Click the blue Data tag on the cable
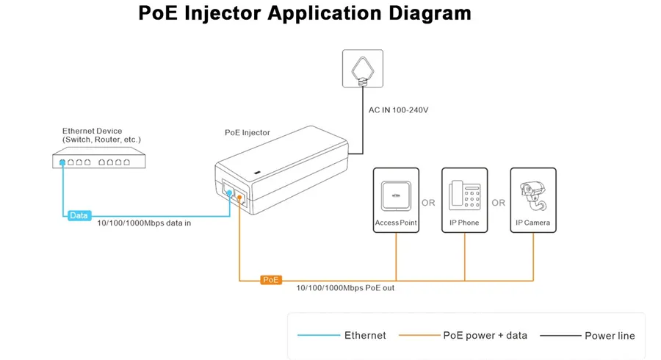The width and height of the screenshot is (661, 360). point(79,215)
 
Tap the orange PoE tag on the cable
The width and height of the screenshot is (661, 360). point(270,279)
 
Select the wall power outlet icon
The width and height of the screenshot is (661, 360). point(363,68)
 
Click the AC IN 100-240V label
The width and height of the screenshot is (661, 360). point(398,110)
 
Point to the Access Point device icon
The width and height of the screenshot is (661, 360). point(396,196)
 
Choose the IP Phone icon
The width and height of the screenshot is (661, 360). point(465,195)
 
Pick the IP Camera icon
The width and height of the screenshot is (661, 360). point(533,196)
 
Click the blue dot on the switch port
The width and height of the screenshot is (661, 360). point(62,162)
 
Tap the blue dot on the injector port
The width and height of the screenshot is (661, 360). point(229,192)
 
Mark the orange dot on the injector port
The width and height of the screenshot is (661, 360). point(239,198)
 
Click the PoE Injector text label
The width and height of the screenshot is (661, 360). point(247,132)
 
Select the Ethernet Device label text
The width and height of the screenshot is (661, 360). point(101,135)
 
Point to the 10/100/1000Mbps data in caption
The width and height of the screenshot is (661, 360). point(144,223)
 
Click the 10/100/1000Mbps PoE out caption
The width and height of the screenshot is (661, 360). point(345,288)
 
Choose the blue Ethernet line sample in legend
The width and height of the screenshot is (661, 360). point(319,335)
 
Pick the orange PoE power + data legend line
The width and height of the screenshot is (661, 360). point(419,335)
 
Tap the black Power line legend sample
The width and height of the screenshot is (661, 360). point(560,336)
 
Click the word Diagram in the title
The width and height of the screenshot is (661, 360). point(430,13)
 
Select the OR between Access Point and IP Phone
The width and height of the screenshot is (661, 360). point(428,203)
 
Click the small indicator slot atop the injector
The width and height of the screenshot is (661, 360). point(257,173)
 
